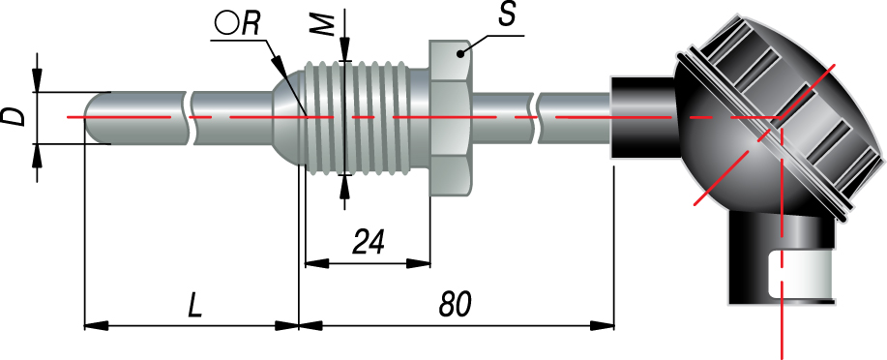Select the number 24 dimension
click(369, 242)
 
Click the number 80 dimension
click(455, 305)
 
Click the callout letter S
click(506, 15)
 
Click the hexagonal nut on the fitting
click(451, 119)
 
